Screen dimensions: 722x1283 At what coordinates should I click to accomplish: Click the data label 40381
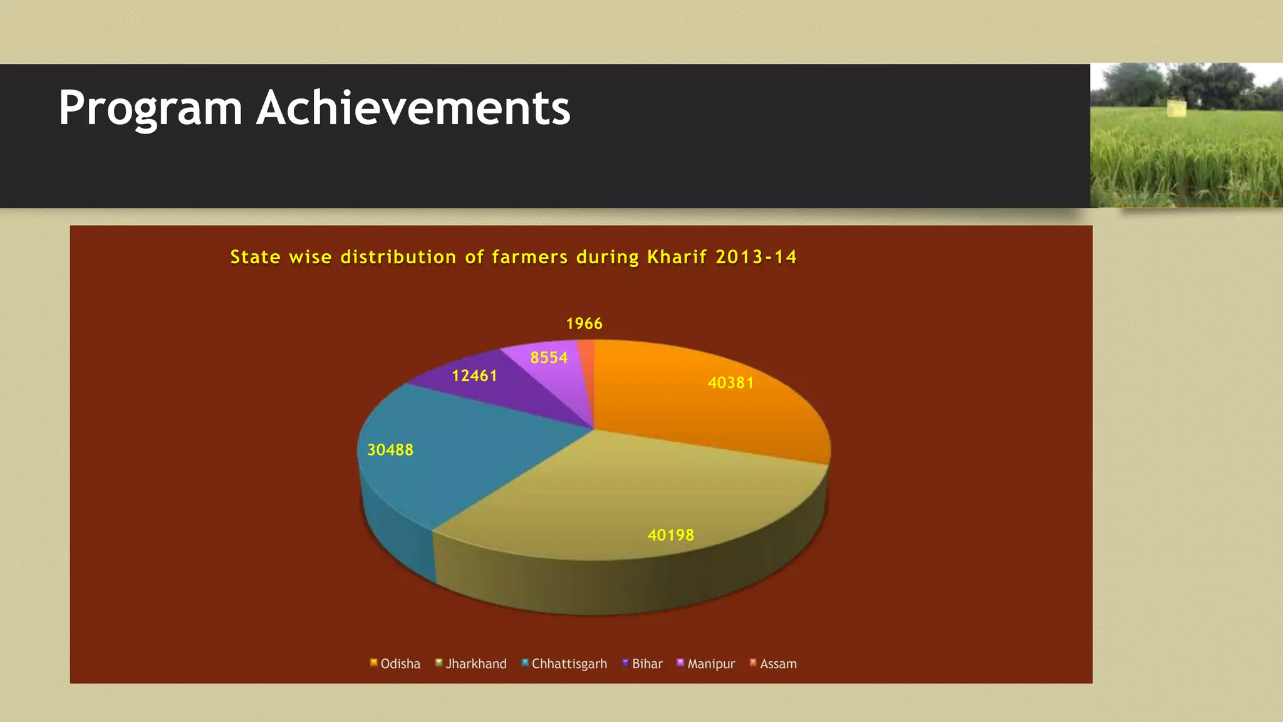[730, 383]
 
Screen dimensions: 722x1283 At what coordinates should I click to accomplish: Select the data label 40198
[670, 535]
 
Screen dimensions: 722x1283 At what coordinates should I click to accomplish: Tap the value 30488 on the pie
[390, 450]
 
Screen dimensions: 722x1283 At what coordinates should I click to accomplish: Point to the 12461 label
[474, 376]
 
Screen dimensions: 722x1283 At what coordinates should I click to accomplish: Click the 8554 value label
[549, 358]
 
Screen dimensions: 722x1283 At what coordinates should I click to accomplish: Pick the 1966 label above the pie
[584, 324]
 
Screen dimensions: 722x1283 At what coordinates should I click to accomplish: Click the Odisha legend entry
[395, 664]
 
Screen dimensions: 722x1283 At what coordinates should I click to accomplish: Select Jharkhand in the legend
[471, 664]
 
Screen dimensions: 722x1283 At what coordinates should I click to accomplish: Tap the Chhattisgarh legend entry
[564, 664]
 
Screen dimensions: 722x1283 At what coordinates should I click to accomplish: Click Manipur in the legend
[706, 664]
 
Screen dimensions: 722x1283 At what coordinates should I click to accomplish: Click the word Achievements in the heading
[413, 108]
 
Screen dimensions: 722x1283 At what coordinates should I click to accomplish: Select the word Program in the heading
[150, 108]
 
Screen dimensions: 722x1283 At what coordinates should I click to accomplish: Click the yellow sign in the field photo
[1177, 108]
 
